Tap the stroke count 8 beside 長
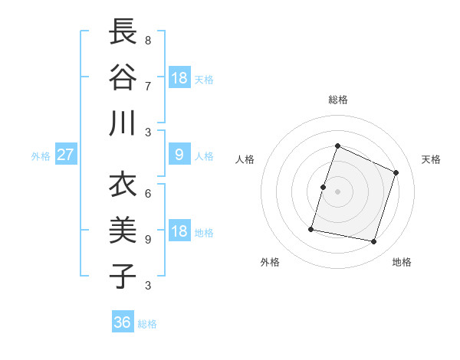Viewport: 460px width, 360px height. [147, 40]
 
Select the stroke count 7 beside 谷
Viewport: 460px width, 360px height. [147, 85]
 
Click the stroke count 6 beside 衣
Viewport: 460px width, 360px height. [147, 194]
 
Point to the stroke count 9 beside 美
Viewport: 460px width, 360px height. [147, 239]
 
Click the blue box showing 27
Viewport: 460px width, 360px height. [65, 155]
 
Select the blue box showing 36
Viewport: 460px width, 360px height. [122, 322]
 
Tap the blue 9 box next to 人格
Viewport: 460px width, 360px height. [179, 155]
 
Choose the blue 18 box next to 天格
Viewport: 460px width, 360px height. [179, 78]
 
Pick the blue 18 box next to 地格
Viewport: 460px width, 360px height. [179, 232]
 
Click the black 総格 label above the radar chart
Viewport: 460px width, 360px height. [337, 100]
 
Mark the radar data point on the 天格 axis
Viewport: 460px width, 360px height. [396, 172]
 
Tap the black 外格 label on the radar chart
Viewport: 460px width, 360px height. [269, 262]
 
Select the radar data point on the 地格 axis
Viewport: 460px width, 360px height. [373, 241]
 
